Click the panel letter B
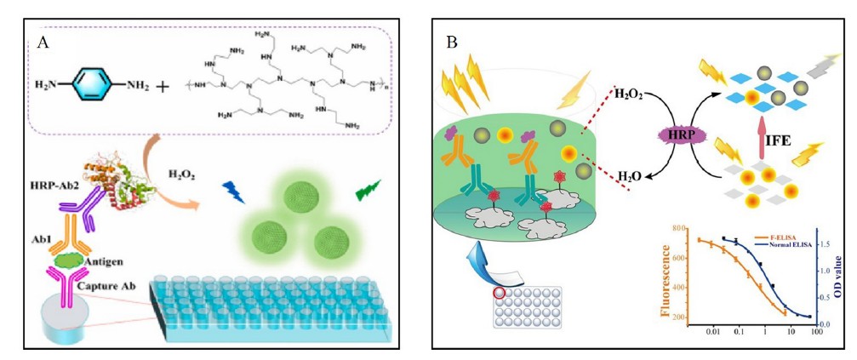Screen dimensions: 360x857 coord(452,43)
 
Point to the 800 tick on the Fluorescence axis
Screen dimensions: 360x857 coord(678,229)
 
